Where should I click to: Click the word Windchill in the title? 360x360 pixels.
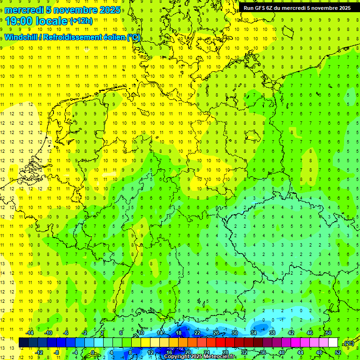(22, 37)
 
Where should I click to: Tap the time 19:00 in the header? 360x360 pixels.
(19, 21)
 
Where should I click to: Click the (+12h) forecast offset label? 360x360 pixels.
(81, 21)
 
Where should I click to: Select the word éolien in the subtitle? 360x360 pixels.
(112, 37)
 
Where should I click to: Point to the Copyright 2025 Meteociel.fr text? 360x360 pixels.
(200, 357)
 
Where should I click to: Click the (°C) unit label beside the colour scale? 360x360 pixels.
(348, 344)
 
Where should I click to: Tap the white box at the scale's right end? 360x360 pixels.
(333, 343)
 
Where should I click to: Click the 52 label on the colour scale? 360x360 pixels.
(338, 352)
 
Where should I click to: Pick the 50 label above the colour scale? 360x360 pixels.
(329, 332)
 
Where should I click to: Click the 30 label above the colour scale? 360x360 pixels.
(234, 332)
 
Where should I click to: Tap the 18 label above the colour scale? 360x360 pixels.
(178, 332)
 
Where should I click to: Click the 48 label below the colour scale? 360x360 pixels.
(319, 352)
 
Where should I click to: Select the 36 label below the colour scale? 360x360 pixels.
(262, 352)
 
